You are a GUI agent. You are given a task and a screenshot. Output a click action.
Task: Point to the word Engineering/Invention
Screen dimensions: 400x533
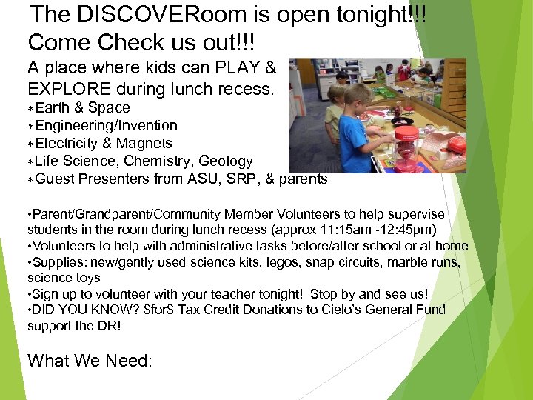[106, 126]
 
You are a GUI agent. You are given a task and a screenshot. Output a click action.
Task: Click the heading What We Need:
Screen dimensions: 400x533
[90, 361]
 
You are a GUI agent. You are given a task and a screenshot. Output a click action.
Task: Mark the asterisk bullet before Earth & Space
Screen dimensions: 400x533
[31, 109]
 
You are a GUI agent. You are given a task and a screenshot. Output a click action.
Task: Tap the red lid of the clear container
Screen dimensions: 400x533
[406, 133]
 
